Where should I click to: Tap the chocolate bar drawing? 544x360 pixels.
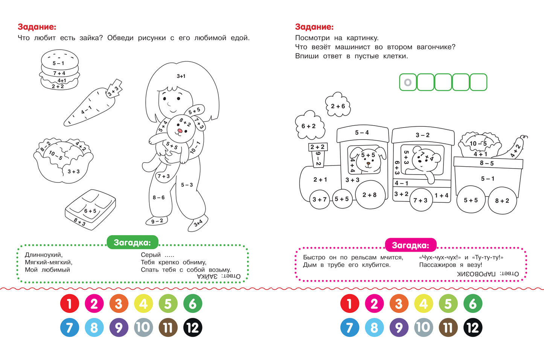point(90,210)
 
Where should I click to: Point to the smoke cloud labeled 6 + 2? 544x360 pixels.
point(309,126)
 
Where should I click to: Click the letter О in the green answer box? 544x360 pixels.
point(408,82)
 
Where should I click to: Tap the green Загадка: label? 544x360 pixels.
point(133,242)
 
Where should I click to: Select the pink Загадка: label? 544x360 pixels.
point(411,245)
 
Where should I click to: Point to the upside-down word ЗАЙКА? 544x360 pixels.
point(207,276)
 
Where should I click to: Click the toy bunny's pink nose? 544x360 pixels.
point(180,131)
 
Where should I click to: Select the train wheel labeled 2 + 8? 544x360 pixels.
point(370,195)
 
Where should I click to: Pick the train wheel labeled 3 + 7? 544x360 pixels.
point(320,199)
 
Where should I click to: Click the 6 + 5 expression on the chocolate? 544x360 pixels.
point(90,211)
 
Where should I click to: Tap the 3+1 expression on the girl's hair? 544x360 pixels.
point(181,76)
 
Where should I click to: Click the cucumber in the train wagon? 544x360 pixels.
point(514,147)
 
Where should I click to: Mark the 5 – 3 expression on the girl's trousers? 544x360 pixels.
point(187,185)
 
